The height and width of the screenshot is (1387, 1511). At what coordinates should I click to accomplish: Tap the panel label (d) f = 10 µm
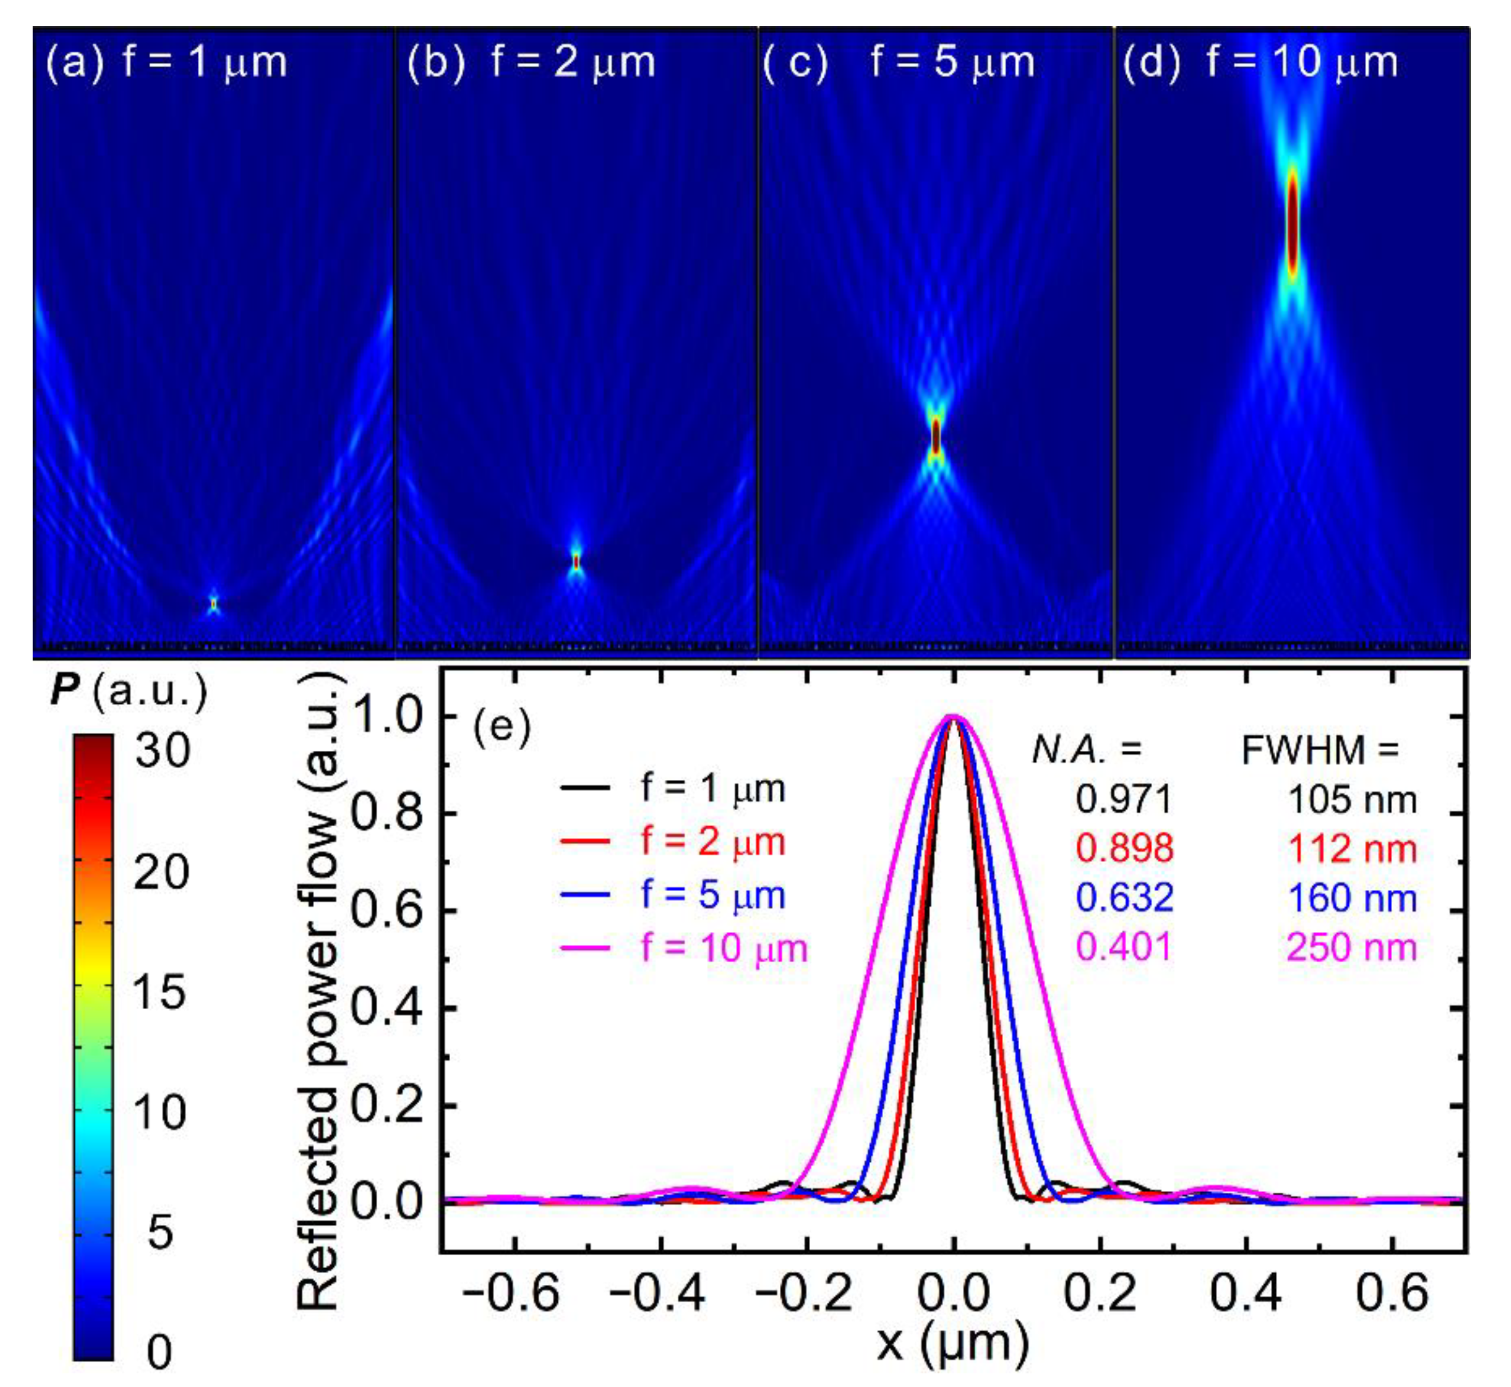tap(1260, 62)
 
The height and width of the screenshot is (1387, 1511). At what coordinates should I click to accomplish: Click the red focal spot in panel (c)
tap(935, 436)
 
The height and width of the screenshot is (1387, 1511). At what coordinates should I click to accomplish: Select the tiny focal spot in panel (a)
tap(214, 603)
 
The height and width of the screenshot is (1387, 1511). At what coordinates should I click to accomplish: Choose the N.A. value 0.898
tap(1124, 848)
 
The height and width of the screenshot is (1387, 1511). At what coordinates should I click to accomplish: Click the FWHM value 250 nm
tap(1352, 947)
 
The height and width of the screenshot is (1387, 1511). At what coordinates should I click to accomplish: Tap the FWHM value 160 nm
tap(1352, 898)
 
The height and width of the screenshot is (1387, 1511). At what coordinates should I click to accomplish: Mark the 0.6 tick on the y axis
tap(384, 911)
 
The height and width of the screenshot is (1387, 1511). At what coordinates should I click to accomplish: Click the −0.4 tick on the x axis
tap(657, 1293)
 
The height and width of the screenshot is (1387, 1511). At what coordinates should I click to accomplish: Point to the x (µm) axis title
tap(952, 1342)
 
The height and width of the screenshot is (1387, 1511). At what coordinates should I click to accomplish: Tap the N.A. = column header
tap(1086, 749)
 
